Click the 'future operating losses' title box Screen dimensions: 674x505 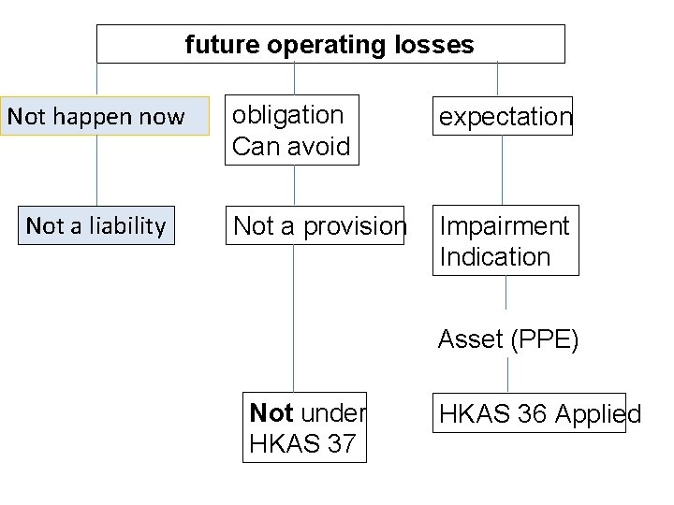pyautogui.click(x=330, y=44)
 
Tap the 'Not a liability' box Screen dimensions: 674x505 pyautogui.click(x=96, y=225)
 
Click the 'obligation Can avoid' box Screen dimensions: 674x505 pyautogui.click(x=291, y=131)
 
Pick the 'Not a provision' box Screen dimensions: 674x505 pyautogui.click(x=319, y=225)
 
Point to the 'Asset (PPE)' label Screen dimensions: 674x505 pyautogui.click(x=508, y=339)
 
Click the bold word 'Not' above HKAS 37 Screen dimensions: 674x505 pyautogui.click(x=272, y=413)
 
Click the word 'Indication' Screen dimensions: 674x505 pyautogui.click(x=495, y=256)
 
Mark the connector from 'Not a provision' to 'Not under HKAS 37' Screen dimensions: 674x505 pyautogui.click(x=294, y=318)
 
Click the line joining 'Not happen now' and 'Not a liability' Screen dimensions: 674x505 pyautogui.click(x=97, y=171)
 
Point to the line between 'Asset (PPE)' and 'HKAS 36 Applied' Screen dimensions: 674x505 pyautogui.click(x=507, y=374)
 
